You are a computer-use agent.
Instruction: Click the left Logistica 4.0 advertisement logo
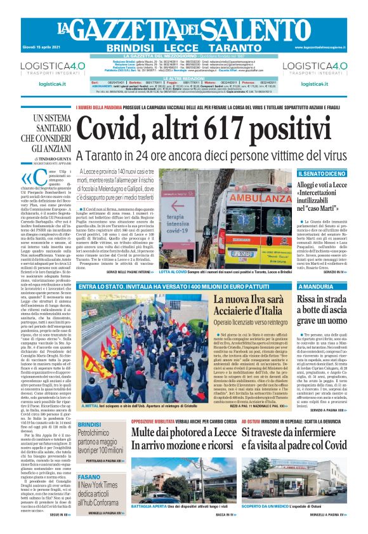click(46, 68)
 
